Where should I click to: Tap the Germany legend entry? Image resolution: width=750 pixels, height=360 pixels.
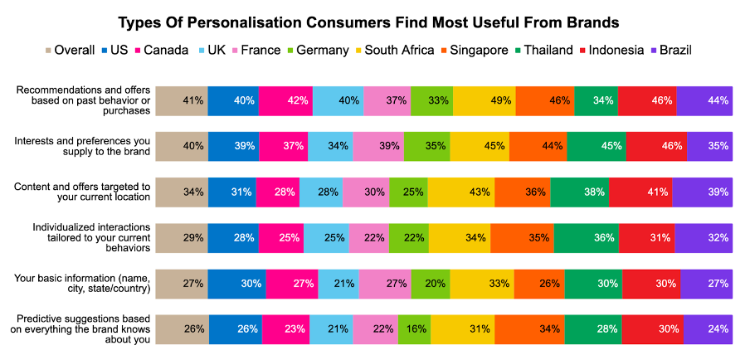click(x=316, y=50)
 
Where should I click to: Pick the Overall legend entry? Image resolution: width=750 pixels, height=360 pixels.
click(x=71, y=50)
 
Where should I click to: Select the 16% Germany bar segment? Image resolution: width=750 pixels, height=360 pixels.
click(x=414, y=328)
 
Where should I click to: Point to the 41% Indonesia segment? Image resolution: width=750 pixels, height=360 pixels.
click(x=640, y=192)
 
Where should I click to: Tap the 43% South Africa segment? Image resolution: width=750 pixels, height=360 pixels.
click(x=461, y=192)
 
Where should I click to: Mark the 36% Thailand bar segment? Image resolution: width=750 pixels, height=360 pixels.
click(x=585, y=237)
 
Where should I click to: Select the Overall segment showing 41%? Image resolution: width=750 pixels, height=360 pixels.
click(x=182, y=100)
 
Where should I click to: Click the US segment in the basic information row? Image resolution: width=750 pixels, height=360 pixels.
click(x=236, y=283)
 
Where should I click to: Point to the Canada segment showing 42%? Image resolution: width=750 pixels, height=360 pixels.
click(x=285, y=100)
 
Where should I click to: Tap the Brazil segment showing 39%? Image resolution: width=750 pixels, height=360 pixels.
click(x=702, y=192)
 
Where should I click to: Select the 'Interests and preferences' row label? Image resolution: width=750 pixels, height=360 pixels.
click(x=82, y=146)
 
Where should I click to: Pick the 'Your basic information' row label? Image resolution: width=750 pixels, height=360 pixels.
click(x=82, y=283)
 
